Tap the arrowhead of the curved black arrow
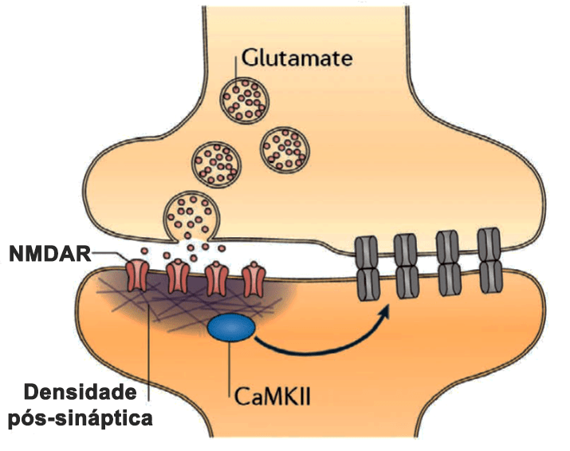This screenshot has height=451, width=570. [x=388, y=306]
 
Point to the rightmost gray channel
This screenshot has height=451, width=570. [x=489, y=262]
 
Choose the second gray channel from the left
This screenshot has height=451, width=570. [x=407, y=264]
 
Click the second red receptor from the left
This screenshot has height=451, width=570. [x=177, y=276]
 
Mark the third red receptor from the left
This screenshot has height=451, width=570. [x=215, y=276]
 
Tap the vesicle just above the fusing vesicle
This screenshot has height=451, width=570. [x=215, y=160]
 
